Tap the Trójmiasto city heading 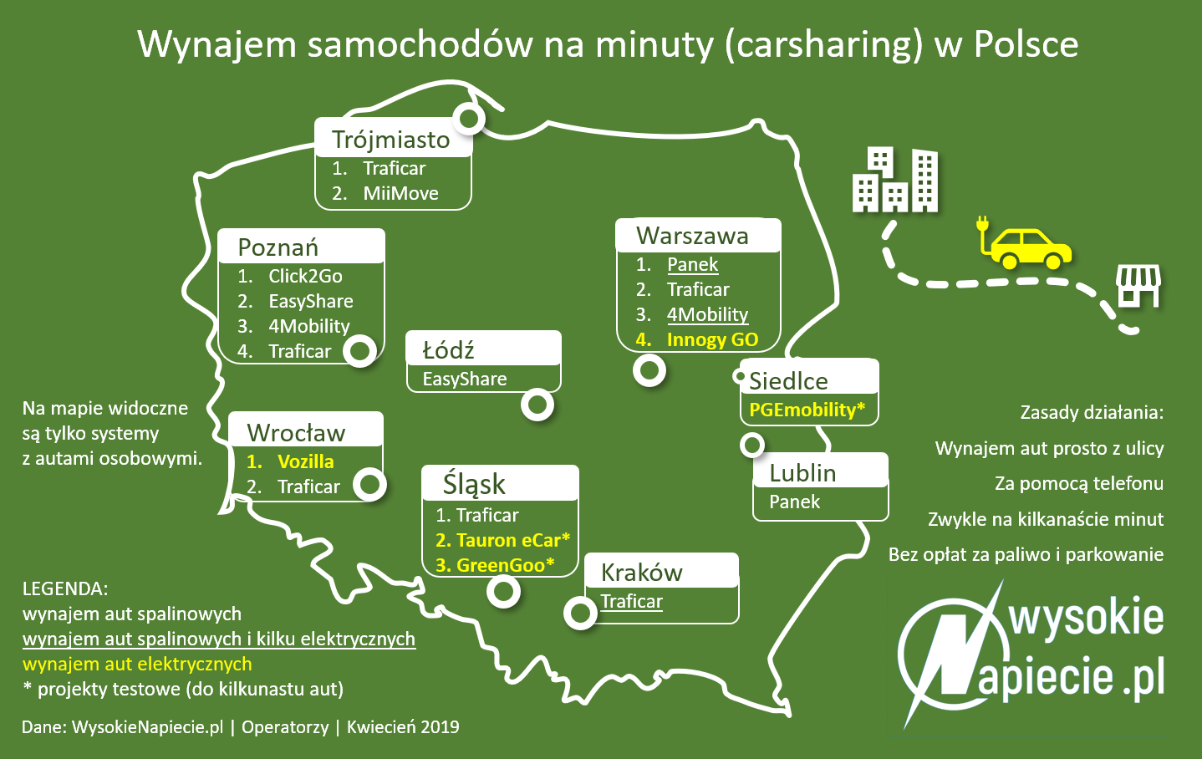(x=390, y=140)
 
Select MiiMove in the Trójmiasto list (x=400, y=193)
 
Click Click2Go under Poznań (x=305, y=276)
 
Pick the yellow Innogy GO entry (x=712, y=339)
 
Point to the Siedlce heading (x=788, y=381)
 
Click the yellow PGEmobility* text (x=807, y=410)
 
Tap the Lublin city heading (x=802, y=473)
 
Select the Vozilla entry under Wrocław (x=305, y=461)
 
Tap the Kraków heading (x=641, y=573)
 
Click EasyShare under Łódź (x=465, y=379)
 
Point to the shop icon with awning (x=1139, y=287)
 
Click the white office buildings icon (x=895, y=180)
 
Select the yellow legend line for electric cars (x=137, y=664)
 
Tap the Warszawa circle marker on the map (x=649, y=369)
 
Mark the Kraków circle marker (x=580, y=613)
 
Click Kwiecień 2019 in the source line (x=403, y=726)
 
